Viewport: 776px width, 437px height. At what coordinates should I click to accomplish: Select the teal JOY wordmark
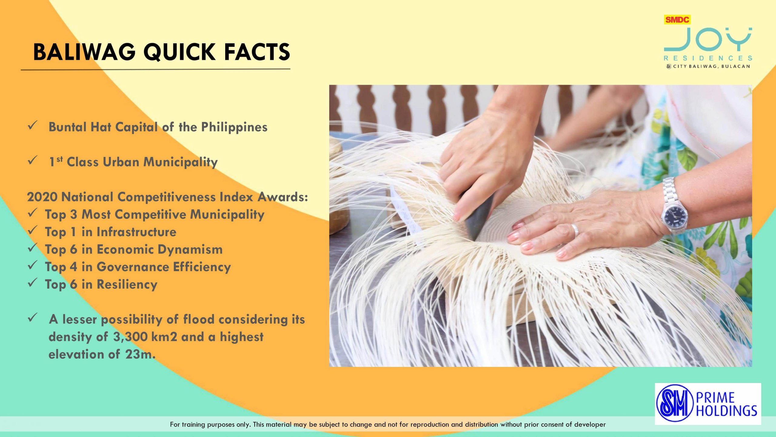708,39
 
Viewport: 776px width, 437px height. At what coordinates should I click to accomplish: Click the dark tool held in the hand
477,214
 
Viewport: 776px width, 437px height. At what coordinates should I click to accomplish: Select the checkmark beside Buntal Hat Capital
32,125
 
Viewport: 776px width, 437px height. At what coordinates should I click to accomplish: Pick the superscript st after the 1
60,159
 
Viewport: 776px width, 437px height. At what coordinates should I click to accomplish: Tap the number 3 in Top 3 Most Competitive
74,215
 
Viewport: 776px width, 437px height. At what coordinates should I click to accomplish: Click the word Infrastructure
136,232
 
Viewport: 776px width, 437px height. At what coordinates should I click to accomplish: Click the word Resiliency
127,285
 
